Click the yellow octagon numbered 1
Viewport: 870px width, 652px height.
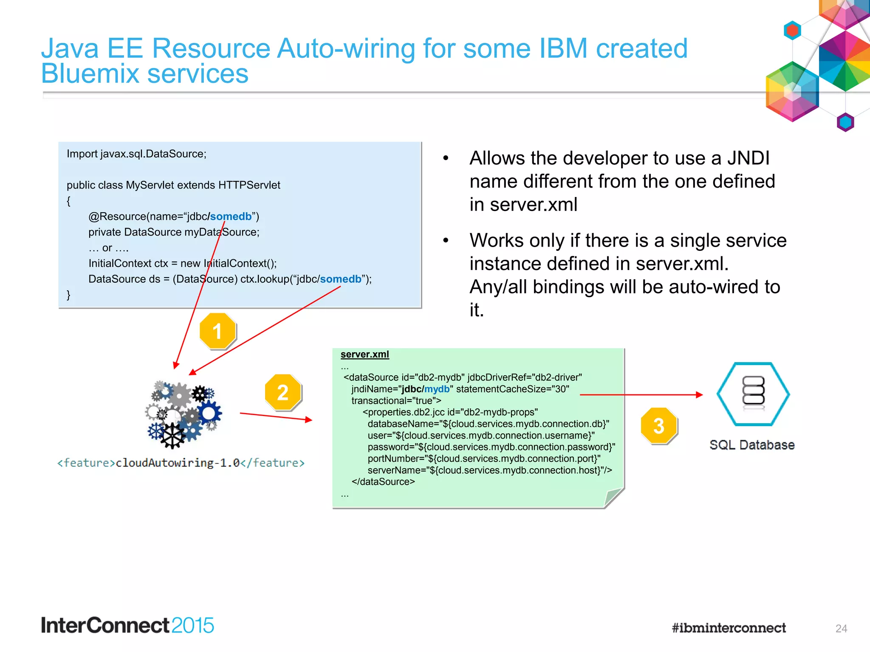point(217,331)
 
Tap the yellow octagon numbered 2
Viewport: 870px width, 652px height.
point(283,392)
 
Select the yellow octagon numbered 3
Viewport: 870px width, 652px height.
point(658,426)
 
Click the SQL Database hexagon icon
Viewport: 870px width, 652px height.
point(753,394)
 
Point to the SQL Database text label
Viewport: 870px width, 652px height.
point(752,445)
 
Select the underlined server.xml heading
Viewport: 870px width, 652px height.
point(364,354)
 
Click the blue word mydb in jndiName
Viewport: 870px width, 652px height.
point(437,389)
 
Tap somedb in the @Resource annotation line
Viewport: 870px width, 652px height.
point(231,216)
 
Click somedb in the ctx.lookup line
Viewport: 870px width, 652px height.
point(340,279)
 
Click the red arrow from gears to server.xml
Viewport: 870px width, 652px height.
point(276,416)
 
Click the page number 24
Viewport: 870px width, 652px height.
point(841,628)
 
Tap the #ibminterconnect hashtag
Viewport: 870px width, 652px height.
point(729,628)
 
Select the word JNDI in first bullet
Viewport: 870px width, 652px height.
point(748,158)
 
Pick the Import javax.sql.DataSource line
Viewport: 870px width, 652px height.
point(136,154)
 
